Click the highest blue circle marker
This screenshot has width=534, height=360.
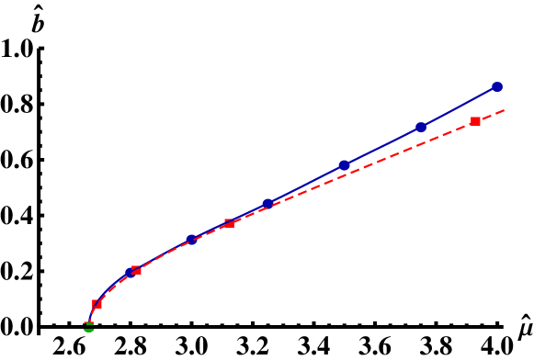(x=496, y=87)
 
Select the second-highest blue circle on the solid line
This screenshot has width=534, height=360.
(x=421, y=128)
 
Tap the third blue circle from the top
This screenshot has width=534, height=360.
(x=344, y=165)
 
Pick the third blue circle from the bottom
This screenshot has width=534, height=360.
(x=267, y=204)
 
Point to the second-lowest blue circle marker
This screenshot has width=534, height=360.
(x=191, y=240)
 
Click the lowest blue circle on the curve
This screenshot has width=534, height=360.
(x=130, y=273)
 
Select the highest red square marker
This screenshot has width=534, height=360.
(x=475, y=121)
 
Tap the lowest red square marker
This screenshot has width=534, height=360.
(x=97, y=304)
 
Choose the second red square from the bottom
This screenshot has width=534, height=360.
(x=136, y=270)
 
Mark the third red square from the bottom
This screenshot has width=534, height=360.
(x=230, y=223)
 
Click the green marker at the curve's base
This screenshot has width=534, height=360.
(x=89, y=328)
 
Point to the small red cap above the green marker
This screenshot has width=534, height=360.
(x=89, y=321)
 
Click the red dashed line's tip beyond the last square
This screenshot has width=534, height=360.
(x=503, y=111)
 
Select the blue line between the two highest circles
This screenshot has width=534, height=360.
(x=459, y=107)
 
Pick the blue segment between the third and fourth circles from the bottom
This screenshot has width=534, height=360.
(x=306, y=185)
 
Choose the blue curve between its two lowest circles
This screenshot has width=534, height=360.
(x=160, y=255)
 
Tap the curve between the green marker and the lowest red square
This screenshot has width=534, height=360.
(x=91, y=314)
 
